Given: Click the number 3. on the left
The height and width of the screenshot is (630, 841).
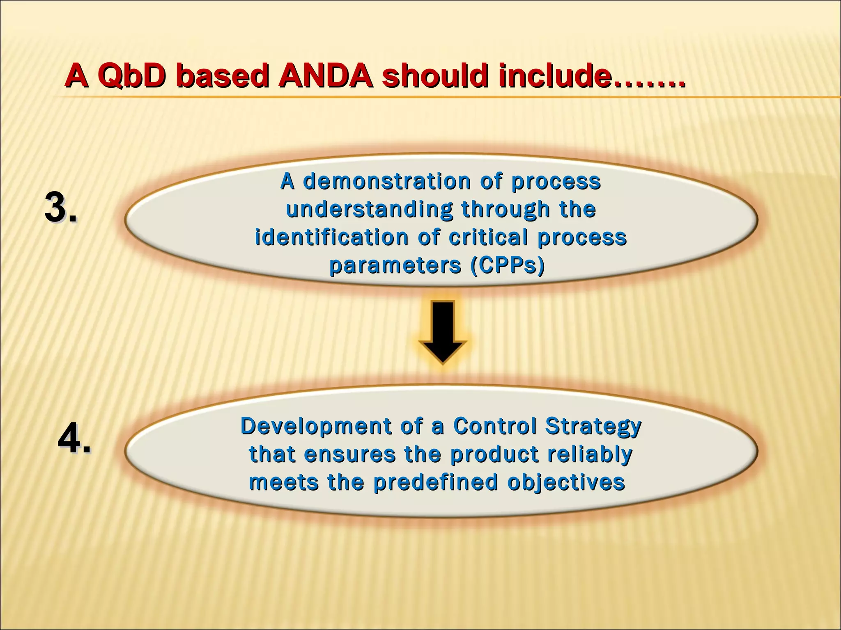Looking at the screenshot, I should click(x=60, y=208).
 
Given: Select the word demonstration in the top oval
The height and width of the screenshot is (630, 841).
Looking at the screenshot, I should click(x=387, y=181).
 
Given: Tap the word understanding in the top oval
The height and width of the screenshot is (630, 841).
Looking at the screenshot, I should click(x=369, y=209).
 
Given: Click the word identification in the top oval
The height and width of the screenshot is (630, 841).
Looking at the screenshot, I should click(x=331, y=237).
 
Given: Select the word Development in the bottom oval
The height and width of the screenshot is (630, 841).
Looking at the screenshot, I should click(x=315, y=426).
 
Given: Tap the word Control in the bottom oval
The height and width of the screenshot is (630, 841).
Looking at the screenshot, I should click(x=495, y=426).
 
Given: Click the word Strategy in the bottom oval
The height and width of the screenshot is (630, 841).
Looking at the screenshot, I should click(x=593, y=427).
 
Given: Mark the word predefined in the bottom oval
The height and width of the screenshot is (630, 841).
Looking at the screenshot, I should click(x=435, y=482).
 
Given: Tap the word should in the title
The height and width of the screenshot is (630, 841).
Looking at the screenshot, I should click(x=435, y=77).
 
